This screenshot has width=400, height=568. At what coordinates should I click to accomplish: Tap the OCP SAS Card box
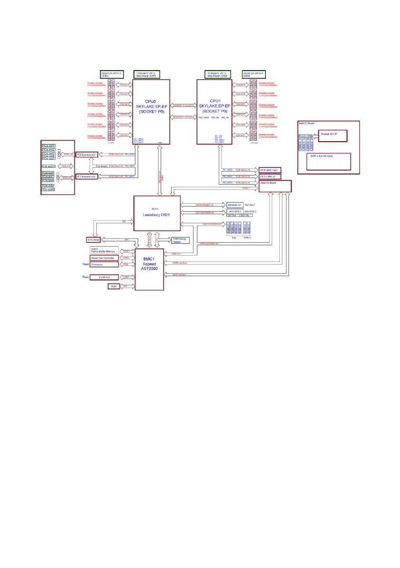tap(270, 170)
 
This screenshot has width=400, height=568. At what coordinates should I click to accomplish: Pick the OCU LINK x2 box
tap(270, 176)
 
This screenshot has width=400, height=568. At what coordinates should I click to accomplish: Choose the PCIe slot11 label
tap(49, 165)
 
